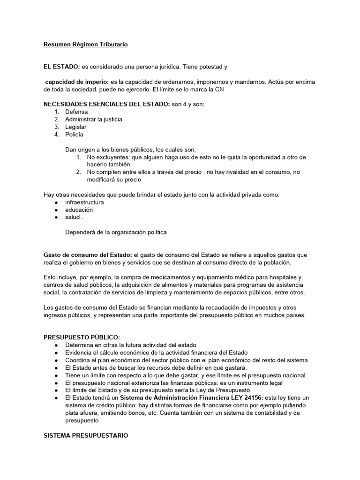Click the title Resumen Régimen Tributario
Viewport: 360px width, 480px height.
(x=85, y=45)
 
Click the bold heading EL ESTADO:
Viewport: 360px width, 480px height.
(x=61, y=67)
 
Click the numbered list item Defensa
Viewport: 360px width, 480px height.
(x=76, y=112)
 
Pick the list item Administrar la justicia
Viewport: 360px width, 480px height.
(x=94, y=120)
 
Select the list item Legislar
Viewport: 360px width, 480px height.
(x=76, y=127)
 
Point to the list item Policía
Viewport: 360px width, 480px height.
(x=75, y=135)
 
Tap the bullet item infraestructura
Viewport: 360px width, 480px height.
(x=84, y=202)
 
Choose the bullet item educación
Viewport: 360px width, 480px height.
(x=79, y=210)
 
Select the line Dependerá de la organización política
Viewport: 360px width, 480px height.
(x=116, y=232)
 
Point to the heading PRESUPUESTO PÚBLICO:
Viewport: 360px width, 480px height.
(x=82, y=337)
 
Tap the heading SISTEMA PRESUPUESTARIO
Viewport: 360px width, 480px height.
(x=85, y=435)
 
